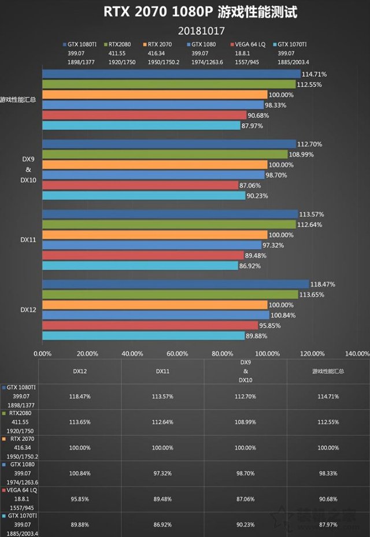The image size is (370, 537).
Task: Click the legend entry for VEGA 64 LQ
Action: (x=248, y=43)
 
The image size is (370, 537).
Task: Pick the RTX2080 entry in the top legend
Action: (x=120, y=43)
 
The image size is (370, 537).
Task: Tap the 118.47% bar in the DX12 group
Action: (x=176, y=284)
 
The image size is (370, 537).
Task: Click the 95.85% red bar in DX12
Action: (x=150, y=325)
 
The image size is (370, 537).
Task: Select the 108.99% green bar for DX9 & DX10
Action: (x=165, y=154)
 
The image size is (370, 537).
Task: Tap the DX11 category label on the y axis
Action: (x=29, y=239)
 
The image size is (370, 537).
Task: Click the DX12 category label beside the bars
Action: (x=29, y=310)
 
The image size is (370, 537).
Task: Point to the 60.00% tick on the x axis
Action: (x=177, y=353)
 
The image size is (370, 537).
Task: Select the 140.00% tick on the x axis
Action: (x=357, y=353)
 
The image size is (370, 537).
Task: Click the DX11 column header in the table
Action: (x=162, y=371)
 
